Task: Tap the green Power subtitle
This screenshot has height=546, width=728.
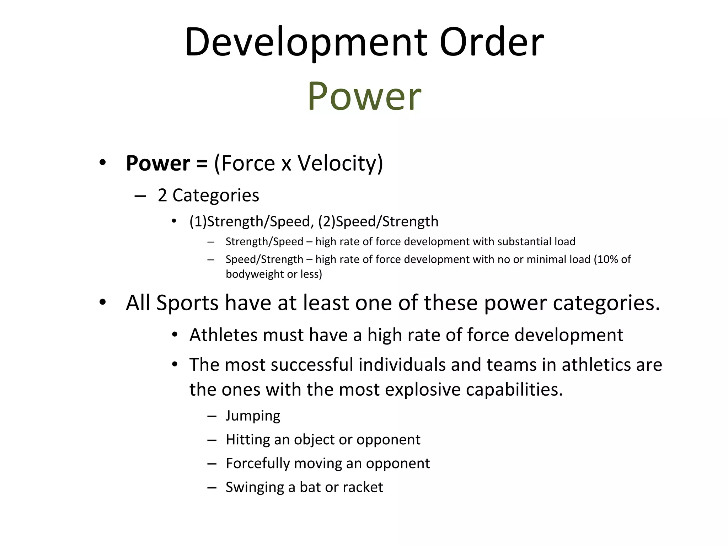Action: point(364,96)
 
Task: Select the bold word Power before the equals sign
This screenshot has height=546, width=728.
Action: point(158,163)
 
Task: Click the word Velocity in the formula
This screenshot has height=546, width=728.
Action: point(340,163)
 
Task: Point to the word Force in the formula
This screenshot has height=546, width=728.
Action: point(248,163)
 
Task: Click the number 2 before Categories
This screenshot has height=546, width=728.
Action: point(162,195)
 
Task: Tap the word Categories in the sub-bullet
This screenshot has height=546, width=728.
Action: point(216,195)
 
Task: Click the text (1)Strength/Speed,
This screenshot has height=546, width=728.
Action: point(251,221)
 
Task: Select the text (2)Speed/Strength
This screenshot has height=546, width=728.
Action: point(378,221)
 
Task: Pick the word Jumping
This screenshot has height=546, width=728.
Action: point(253,416)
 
